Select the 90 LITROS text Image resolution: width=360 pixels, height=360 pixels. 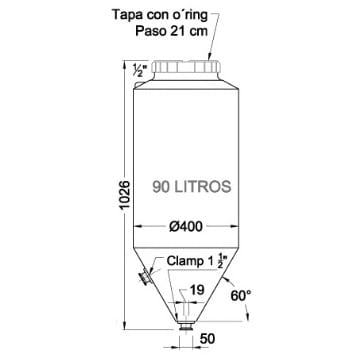(193, 186)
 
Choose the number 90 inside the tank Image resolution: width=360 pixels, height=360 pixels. (163, 186)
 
